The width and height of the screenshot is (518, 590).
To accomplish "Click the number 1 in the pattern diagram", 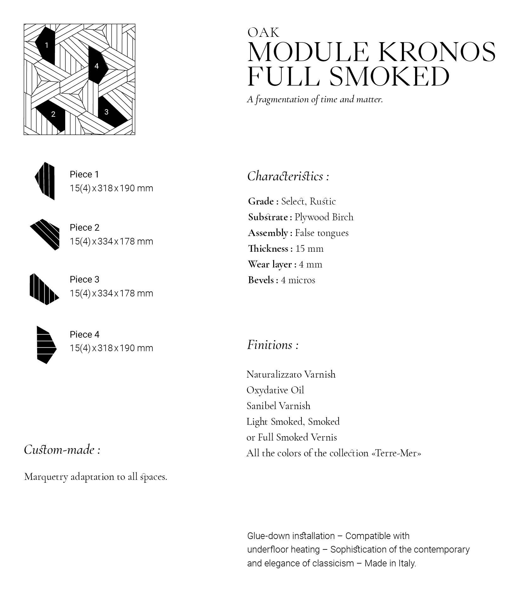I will (47, 45).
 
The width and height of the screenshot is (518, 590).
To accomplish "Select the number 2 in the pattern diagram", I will (53, 114).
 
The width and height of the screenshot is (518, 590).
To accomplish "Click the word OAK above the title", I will (263, 33).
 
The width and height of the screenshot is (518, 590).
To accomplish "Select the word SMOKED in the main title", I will (389, 76).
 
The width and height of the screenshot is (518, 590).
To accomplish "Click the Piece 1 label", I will (84, 174).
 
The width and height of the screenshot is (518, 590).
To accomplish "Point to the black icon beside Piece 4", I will (46, 345).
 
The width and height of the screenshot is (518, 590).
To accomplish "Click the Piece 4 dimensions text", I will (111, 348).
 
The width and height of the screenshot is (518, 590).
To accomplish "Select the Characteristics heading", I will (288, 176).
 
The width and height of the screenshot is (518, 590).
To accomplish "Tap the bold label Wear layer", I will (270, 264).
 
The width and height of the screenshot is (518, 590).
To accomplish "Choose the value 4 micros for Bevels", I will (298, 280).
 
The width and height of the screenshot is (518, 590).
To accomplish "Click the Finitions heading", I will (273, 345).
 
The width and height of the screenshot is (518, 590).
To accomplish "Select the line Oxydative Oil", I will (275, 390).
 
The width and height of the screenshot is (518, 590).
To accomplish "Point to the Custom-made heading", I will (62, 450).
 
